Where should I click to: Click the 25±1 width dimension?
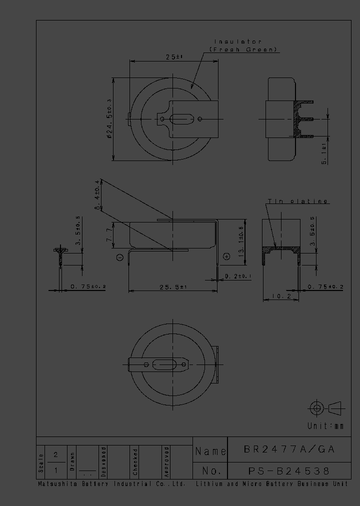(x=174, y=57)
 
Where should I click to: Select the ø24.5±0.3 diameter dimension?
(x=108, y=119)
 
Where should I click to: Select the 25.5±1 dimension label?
(x=172, y=287)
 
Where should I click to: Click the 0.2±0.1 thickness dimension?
(x=238, y=276)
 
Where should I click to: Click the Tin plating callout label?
(x=297, y=201)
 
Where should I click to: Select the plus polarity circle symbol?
(x=226, y=256)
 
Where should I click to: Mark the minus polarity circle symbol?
(x=119, y=257)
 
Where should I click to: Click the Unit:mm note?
(x=325, y=426)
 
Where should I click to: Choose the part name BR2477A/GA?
(x=289, y=449)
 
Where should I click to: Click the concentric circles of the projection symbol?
(x=315, y=408)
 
